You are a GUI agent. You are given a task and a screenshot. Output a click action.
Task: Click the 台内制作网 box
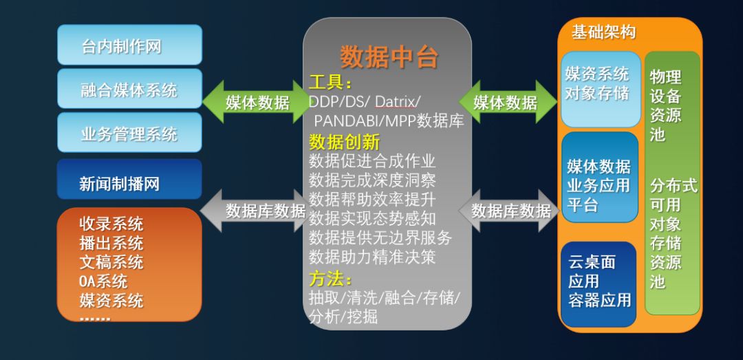129,45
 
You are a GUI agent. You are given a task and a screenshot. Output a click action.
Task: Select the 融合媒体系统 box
129,89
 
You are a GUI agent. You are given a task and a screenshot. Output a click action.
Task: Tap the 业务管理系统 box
129,134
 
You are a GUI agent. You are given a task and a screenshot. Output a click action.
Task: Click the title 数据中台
389,57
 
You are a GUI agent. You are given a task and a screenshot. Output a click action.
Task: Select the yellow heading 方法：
331,279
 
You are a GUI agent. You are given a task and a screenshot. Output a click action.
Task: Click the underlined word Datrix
396,103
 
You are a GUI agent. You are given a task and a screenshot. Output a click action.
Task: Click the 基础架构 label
603,32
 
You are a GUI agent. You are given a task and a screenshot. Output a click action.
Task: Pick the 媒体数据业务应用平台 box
599,185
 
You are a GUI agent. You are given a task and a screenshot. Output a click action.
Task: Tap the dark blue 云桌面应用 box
599,281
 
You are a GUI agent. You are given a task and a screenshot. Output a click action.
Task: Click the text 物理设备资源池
665,105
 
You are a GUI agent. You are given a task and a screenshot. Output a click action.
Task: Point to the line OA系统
103,282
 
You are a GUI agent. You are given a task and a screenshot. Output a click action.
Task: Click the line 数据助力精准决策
372,257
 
